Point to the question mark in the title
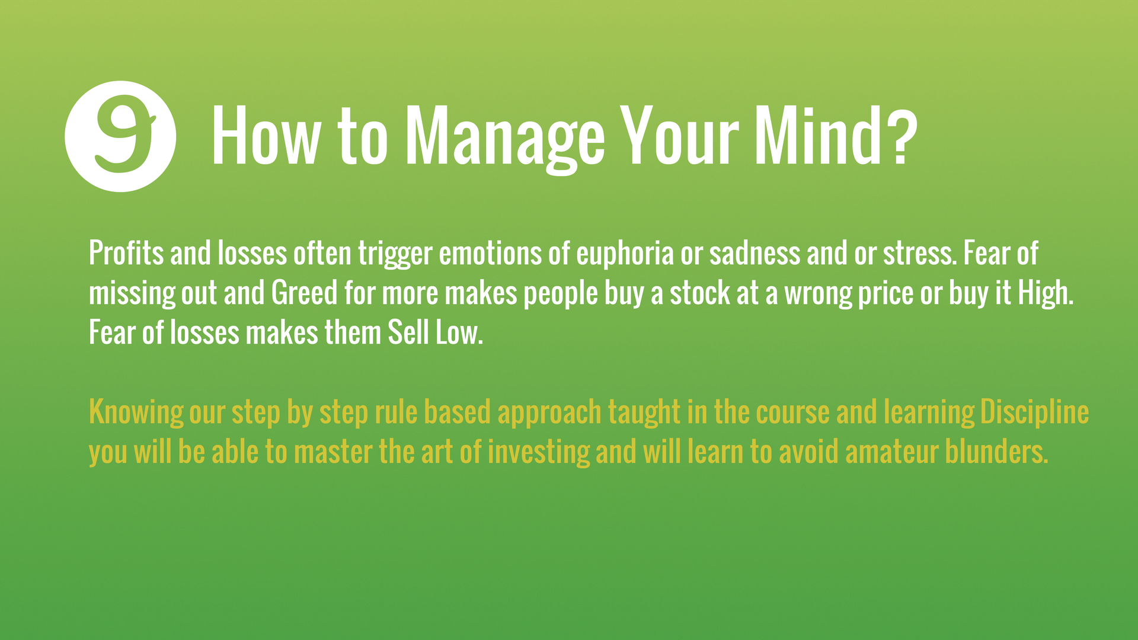(902, 135)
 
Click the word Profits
(126, 253)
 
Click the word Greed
(305, 293)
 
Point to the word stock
(700, 293)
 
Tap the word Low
(459, 332)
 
